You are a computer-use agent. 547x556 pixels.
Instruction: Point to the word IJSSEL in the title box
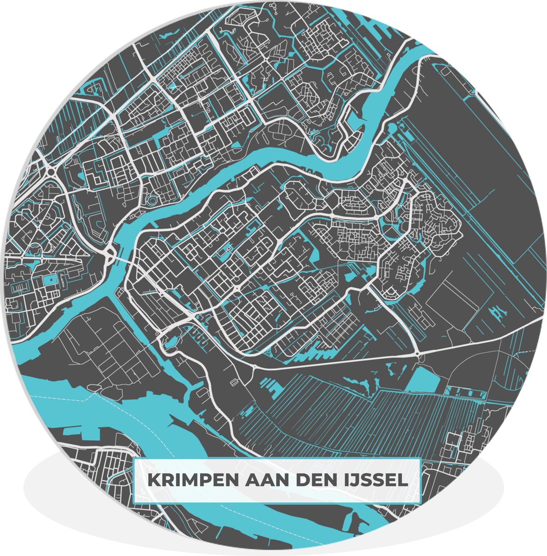coord(378,480)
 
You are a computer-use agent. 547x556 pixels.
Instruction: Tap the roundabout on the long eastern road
coord(418,354)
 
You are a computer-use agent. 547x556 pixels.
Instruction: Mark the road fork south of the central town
coord(254,366)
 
